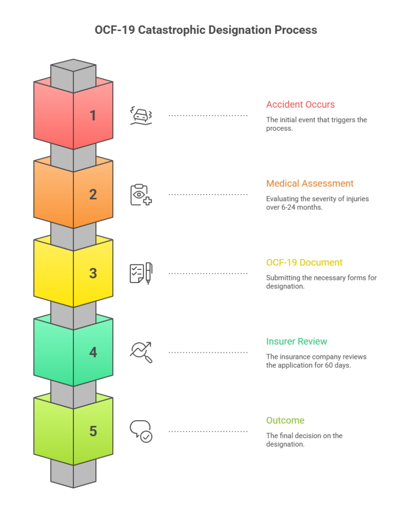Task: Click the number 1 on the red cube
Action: (x=93, y=115)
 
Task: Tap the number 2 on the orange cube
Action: (x=93, y=194)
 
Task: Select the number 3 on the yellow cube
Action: (x=93, y=273)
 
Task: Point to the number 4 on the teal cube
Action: (x=93, y=352)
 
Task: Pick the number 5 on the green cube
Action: (x=93, y=431)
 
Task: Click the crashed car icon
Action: (x=141, y=115)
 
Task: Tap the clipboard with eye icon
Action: (x=141, y=195)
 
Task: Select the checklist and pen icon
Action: (x=141, y=273)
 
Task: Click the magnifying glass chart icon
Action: (x=141, y=352)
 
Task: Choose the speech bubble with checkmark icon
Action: (x=141, y=431)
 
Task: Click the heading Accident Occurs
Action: (x=300, y=104)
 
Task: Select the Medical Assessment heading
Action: (x=310, y=183)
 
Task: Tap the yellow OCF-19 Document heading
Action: (x=304, y=262)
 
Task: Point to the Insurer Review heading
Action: (x=297, y=341)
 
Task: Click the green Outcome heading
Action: (x=285, y=420)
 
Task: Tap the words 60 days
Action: (x=337, y=365)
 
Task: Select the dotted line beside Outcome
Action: (x=208, y=431)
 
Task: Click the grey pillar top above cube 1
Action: (x=73, y=65)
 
